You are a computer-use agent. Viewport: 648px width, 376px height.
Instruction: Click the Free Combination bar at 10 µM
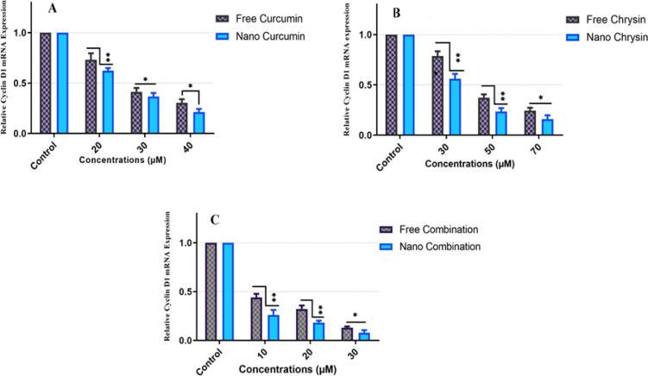pyautogui.click(x=255, y=318)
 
